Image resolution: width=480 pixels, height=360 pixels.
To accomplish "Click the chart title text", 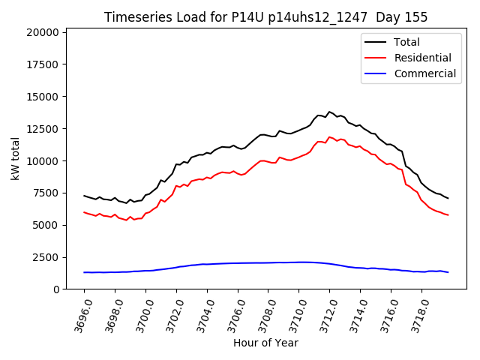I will tap(265, 16).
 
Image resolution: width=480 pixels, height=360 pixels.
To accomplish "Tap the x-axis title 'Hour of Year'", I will tap(265, 343).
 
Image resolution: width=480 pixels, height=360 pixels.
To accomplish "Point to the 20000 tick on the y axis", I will tap(43, 32).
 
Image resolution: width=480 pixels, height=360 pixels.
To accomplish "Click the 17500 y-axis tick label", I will tap(43, 64).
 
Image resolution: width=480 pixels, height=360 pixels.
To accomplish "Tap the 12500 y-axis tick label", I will tap(43, 129).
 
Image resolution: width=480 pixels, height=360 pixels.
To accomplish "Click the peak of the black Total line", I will tap(329, 112).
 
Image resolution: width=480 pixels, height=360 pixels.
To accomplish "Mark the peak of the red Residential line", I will tap(329, 137).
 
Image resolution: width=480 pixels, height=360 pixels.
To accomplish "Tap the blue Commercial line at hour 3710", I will tap(298, 262).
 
